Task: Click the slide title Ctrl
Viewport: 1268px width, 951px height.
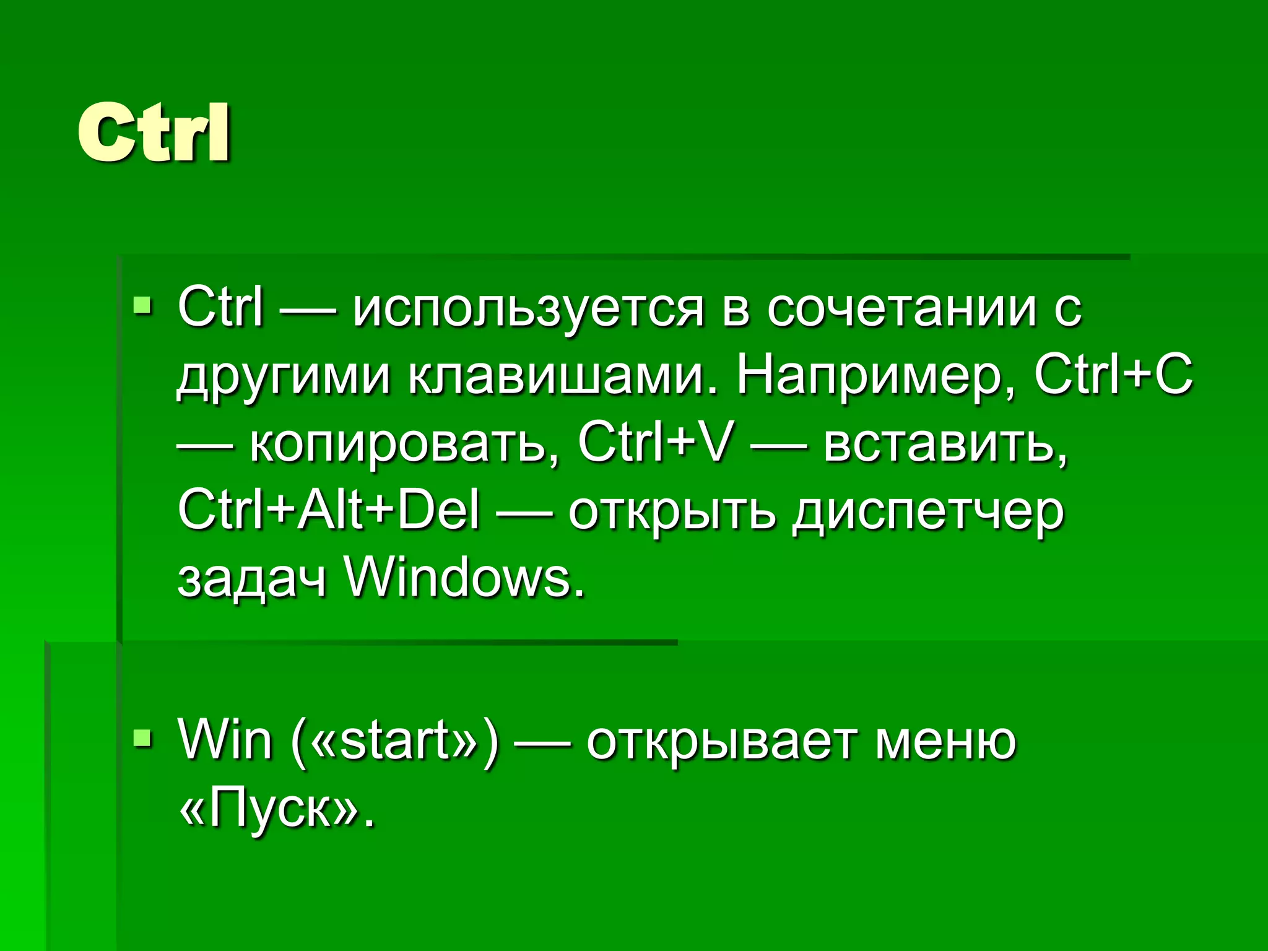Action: (154, 133)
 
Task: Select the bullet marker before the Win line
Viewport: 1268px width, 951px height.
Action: (142, 737)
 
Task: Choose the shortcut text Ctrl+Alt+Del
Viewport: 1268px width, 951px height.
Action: (329, 510)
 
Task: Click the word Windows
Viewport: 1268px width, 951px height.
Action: (464, 578)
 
